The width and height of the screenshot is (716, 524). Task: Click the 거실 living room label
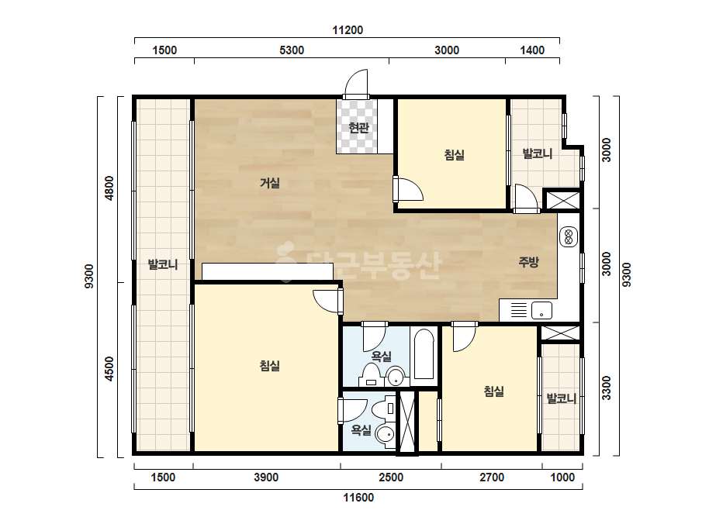click(269, 183)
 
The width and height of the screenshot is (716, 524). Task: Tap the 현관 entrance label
click(358, 127)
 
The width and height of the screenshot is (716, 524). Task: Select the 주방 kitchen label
click(528, 261)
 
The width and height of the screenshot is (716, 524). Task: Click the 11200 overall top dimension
click(348, 30)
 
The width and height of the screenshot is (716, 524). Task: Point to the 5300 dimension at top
click(292, 50)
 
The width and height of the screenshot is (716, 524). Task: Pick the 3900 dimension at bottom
click(266, 477)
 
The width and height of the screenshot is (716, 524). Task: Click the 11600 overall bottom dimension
click(358, 498)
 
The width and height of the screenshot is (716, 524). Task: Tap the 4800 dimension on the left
click(109, 188)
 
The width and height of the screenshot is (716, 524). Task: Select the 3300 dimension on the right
click(606, 388)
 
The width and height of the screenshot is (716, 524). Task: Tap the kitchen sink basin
click(541, 310)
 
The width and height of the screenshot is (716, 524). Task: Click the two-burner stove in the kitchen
click(569, 236)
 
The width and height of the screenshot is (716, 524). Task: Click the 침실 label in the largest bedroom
click(269, 366)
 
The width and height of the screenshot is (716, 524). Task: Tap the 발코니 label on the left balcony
click(163, 264)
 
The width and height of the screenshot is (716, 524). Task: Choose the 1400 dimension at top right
click(532, 50)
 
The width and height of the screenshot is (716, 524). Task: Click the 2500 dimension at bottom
click(391, 477)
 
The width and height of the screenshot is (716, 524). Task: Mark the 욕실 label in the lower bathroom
click(361, 429)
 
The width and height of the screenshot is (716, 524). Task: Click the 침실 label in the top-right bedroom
click(454, 155)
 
